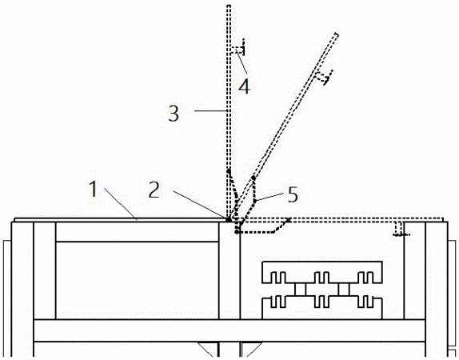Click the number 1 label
(93, 190)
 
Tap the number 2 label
(154, 190)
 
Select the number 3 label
(174, 114)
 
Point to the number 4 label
(244, 86)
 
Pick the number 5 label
(293, 194)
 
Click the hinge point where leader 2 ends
(228, 218)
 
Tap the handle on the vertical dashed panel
(239, 48)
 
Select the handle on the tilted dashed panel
(324, 77)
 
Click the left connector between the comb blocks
(300, 290)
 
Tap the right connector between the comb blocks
(344, 290)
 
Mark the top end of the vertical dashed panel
(229, 6)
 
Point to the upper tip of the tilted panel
(337, 34)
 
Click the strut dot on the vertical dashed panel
(229, 170)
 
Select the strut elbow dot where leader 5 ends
(255, 201)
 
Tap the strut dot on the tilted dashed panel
(253, 178)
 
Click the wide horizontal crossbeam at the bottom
(229, 330)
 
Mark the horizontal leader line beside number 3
(210, 110)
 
